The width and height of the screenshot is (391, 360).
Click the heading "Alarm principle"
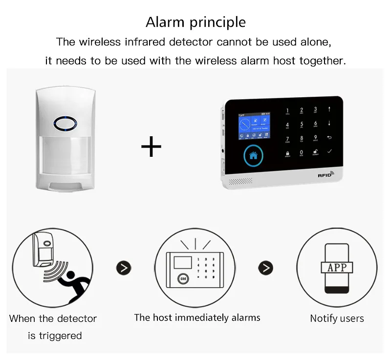click(195, 22)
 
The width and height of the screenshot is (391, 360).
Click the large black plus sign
click(151, 147)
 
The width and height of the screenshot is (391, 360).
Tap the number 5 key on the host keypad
click(302, 125)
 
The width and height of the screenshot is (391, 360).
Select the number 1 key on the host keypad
click(287, 111)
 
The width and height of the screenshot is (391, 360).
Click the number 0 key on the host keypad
click(301, 153)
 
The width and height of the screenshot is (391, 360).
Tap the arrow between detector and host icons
click(124, 268)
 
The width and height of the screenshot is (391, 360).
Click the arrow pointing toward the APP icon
click(266, 268)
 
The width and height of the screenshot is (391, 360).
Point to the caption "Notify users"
click(337, 318)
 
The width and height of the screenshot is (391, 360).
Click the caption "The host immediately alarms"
click(197, 318)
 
